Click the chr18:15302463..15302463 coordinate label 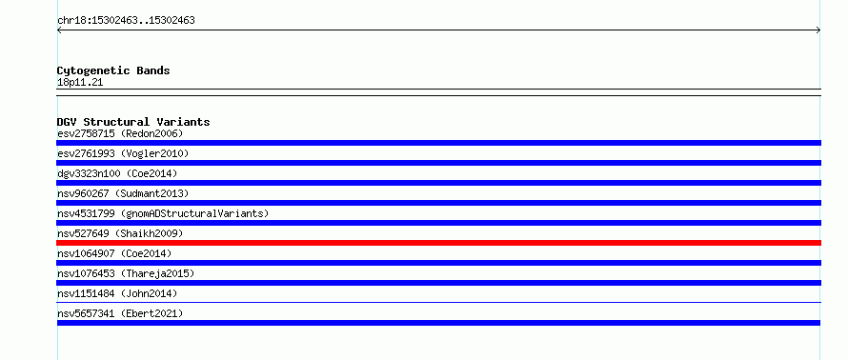click(126, 21)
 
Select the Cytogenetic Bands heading click(113, 70)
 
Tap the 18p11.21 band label click(80, 83)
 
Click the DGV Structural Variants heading click(133, 122)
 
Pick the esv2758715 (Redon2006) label click(120, 133)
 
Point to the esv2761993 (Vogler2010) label click(123, 153)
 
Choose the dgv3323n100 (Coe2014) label click(117, 173)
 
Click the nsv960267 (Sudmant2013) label click(123, 193)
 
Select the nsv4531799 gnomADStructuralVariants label click(163, 213)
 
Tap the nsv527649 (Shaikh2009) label click(120, 233)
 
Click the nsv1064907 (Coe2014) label click(114, 253)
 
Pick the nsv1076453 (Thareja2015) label click(126, 273)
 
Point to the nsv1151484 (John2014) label click(117, 293)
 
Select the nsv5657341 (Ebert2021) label click(120, 313)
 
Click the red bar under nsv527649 click(438, 243)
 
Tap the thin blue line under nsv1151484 click(438, 303)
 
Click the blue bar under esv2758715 click(438, 143)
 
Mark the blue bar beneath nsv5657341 click(438, 323)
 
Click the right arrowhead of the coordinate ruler click(819, 30)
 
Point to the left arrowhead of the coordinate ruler click(58, 30)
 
